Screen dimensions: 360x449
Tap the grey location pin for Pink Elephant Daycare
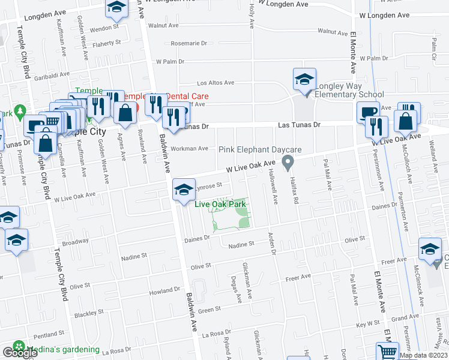click(x=288, y=162)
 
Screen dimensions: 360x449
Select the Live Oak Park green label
click(x=221, y=205)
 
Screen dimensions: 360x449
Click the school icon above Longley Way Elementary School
click(x=304, y=80)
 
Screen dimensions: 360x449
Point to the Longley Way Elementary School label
click(x=350, y=90)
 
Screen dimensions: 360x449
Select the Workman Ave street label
click(x=189, y=148)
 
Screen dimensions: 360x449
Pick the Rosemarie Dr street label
click(x=188, y=43)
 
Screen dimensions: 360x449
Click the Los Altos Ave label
click(x=215, y=83)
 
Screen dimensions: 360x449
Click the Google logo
click(x=20, y=353)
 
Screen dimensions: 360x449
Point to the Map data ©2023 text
click(x=423, y=355)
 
